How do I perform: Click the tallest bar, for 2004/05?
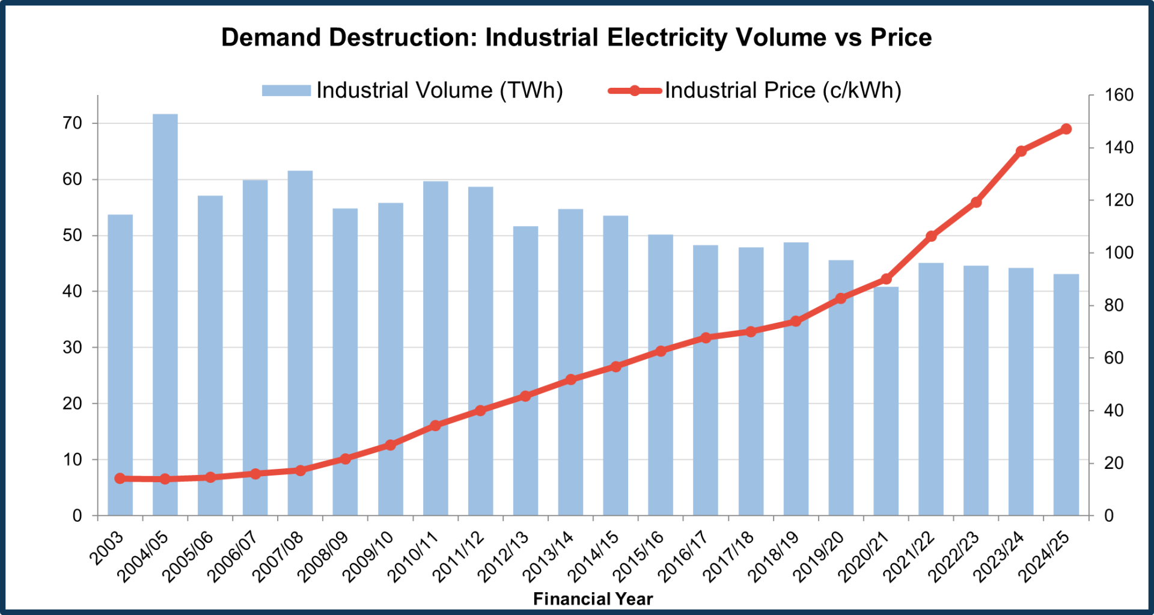click(165, 313)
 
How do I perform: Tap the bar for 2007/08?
click(300, 343)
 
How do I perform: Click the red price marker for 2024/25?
click(1066, 129)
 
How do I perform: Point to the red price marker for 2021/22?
click(931, 236)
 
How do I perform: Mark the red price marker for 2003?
click(120, 479)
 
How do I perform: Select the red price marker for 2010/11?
click(436, 426)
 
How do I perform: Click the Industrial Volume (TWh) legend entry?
click(412, 91)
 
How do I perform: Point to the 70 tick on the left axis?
click(72, 123)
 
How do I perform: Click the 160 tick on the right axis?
click(1119, 95)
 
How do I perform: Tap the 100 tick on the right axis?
click(1119, 252)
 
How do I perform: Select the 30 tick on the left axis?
click(72, 347)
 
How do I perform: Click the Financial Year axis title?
click(593, 599)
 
